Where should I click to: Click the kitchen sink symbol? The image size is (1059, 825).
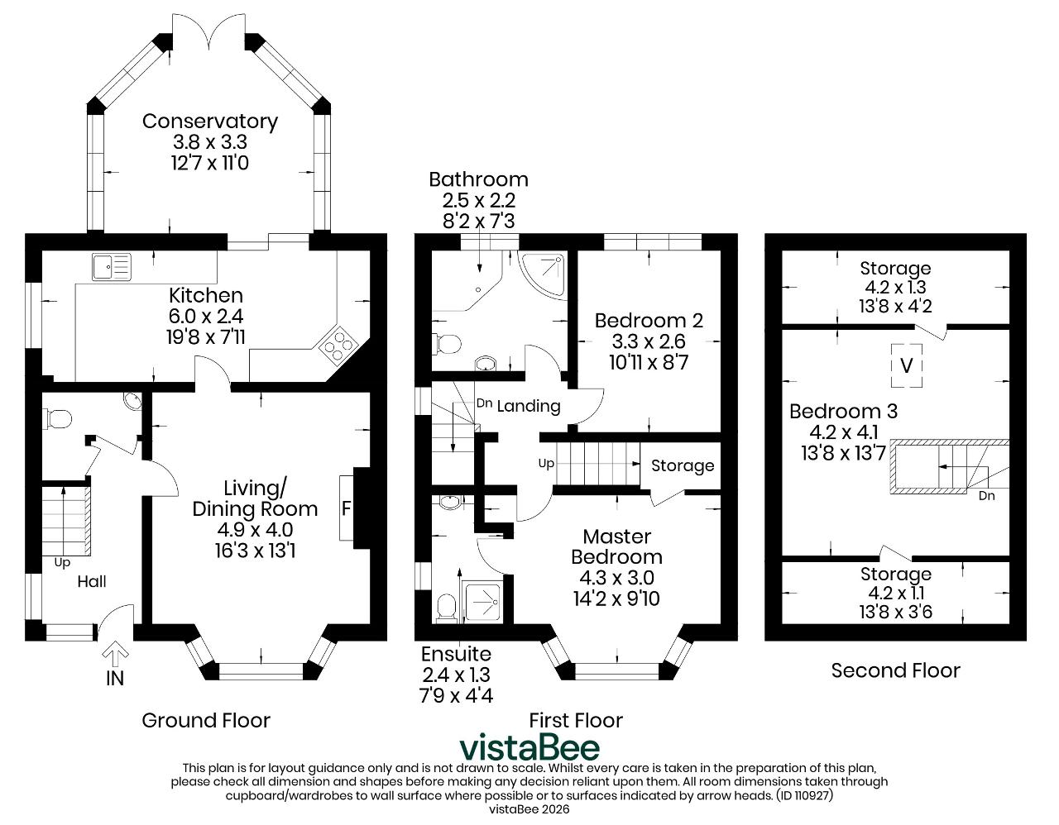pyautogui.click(x=112, y=266)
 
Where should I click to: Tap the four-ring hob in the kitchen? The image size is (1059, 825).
pyautogui.click(x=338, y=345)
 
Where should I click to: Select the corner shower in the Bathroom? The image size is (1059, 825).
pyautogui.click(x=544, y=274)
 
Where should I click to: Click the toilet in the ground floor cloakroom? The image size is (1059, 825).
pyautogui.click(x=58, y=419)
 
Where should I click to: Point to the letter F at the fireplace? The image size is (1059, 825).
pyautogui.click(x=346, y=508)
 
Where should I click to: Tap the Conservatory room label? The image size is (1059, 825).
pyautogui.click(x=210, y=122)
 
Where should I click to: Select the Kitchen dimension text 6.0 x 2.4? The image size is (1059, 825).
pyautogui.click(x=206, y=317)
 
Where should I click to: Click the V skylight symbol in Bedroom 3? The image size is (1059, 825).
pyautogui.click(x=907, y=365)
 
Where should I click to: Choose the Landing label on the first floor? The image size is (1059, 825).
pyautogui.click(x=529, y=405)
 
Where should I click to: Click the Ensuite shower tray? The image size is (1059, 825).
pyautogui.click(x=483, y=603)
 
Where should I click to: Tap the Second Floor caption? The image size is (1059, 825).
pyautogui.click(x=895, y=670)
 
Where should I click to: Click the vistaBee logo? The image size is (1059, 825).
pyautogui.click(x=529, y=747)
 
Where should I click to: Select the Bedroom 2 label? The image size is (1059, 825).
pyautogui.click(x=649, y=321)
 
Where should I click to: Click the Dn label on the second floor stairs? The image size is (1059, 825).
pyautogui.click(x=986, y=496)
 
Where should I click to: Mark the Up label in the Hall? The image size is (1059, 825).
pyautogui.click(x=62, y=563)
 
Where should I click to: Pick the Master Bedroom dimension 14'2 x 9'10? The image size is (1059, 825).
pyautogui.click(x=616, y=598)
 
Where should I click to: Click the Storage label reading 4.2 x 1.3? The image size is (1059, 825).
pyautogui.click(x=895, y=288)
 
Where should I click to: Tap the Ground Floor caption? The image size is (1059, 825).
pyautogui.click(x=206, y=721)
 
